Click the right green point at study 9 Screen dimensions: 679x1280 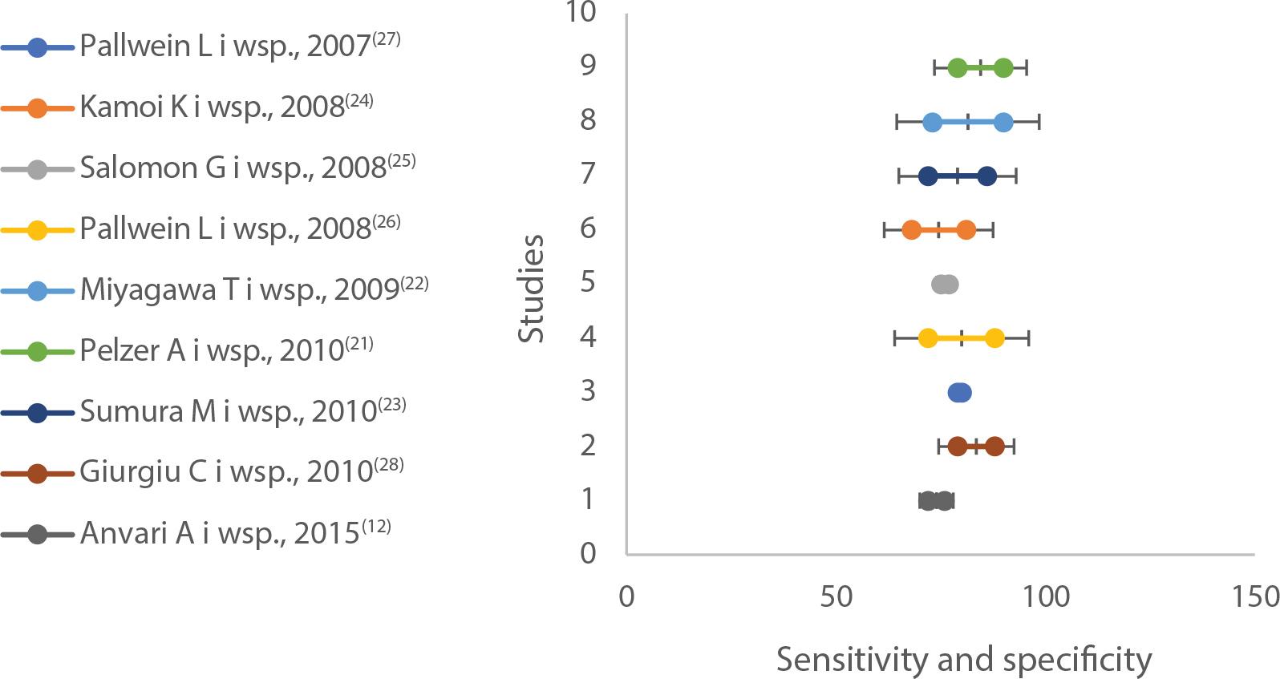[1003, 68]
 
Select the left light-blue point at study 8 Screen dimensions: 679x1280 [932, 123]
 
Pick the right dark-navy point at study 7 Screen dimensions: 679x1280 [987, 176]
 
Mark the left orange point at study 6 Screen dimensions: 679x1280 [911, 230]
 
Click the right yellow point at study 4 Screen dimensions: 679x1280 [994, 338]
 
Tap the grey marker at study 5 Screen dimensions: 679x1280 [945, 284]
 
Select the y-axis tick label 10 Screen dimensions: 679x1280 [580, 12]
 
